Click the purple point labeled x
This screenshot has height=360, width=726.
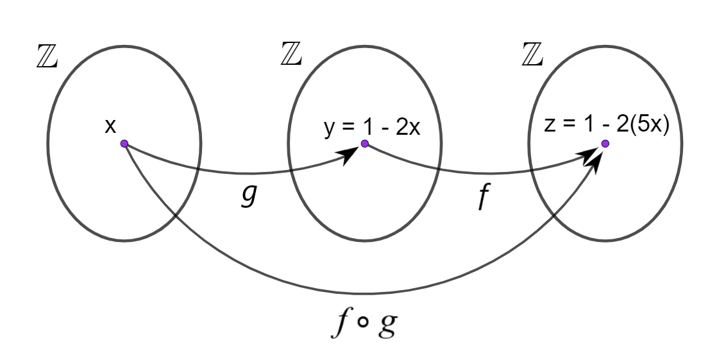tap(124, 144)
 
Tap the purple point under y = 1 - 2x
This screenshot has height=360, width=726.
tap(364, 144)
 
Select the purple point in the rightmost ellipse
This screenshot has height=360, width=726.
tap(605, 144)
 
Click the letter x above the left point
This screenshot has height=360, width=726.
tap(110, 126)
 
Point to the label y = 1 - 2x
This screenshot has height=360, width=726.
tap(372, 127)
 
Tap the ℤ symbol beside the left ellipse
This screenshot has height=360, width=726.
tap(47, 56)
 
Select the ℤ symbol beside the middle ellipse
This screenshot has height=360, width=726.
tap(291, 53)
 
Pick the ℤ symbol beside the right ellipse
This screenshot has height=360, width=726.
tap(532, 54)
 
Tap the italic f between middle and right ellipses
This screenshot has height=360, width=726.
tap(484, 196)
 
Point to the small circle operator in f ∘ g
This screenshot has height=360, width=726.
tap(364, 322)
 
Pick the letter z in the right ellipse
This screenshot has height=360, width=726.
tap(549, 125)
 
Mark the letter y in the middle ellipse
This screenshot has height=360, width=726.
tap(329, 129)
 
